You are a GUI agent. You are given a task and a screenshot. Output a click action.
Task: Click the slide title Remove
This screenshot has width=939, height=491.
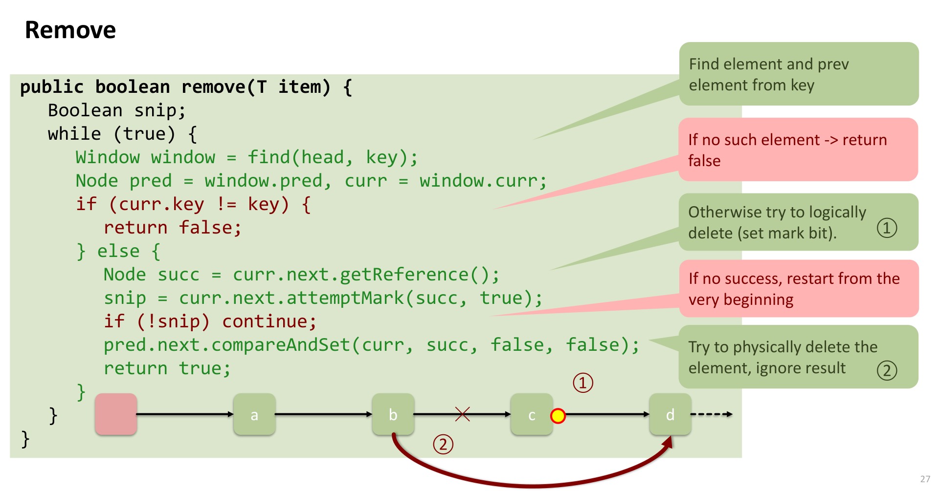pyautogui.click(x=70, y=30)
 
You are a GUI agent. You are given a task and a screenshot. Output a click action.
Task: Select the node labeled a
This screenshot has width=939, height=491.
pyautogui.click(x=254, y=414)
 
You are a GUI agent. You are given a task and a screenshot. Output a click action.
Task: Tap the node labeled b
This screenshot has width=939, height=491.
pyautogui.click(x=393, y=414)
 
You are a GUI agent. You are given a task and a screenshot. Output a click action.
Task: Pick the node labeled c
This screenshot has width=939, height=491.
pyautogui.click(x=532, y=414)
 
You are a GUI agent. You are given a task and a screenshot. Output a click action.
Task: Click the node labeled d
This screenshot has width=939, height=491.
pyautogui.click(x=670, y=414)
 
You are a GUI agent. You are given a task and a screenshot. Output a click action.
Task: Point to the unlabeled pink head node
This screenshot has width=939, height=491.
pyautogui.click(x=116, y=414)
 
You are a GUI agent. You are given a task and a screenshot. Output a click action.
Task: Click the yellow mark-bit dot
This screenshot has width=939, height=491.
pyautogui.click(x=558, y=416)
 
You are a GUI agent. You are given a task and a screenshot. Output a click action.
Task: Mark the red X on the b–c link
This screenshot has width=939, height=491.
pyautogui.click(x=462, y=414)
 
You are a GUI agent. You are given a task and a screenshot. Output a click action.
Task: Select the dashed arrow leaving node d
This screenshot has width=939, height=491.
pyautogui.click(x=712, y=414)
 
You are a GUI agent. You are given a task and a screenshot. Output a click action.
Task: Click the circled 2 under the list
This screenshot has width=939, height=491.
pyautogui.click(x=443, y=445)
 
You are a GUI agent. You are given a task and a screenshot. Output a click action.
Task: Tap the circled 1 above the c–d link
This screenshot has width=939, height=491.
pyautogui.click(x=583, y=383)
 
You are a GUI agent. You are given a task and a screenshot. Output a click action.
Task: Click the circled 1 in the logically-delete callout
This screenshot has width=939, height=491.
pyautogui.click(x=887, y=228)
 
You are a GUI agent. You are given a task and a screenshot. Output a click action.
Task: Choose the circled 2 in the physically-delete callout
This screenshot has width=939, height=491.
pyautogui.click(x=887, y=370)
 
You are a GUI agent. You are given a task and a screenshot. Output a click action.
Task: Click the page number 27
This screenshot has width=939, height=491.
pyautogui.click(x=925, y=479)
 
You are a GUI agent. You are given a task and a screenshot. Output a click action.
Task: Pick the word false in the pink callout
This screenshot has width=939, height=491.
pyautogui.click(x=704, y=161)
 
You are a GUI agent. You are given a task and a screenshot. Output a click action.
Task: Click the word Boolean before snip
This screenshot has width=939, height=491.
pyautogui.click(x=85, y=110)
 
